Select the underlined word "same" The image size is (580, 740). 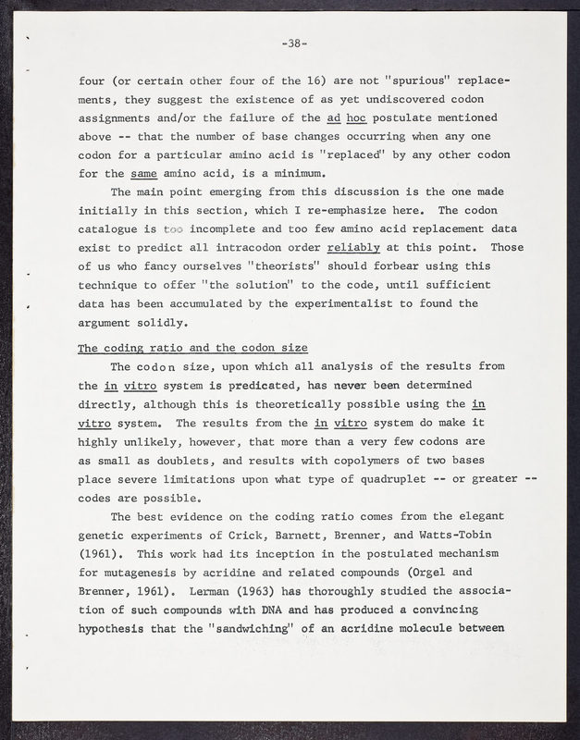point(142,173)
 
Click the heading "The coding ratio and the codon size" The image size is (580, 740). point(192,348)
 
